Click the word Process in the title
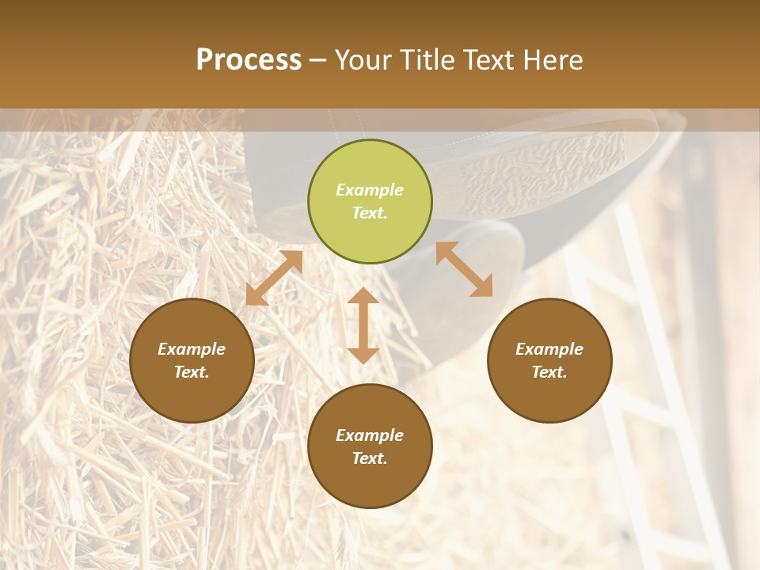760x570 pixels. click(x=249, y=60)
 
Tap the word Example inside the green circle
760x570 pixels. click(x=370, y=190)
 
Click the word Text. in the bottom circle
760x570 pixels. click(x=370, y=458)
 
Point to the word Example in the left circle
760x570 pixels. click(x=192, y=349)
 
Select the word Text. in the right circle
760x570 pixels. click(x=549, y=372)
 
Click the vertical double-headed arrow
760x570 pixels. click(x=363, y=325)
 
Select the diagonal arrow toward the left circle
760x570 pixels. click(x=274, y=278)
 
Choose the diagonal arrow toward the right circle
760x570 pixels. click(x=465, y=269)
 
